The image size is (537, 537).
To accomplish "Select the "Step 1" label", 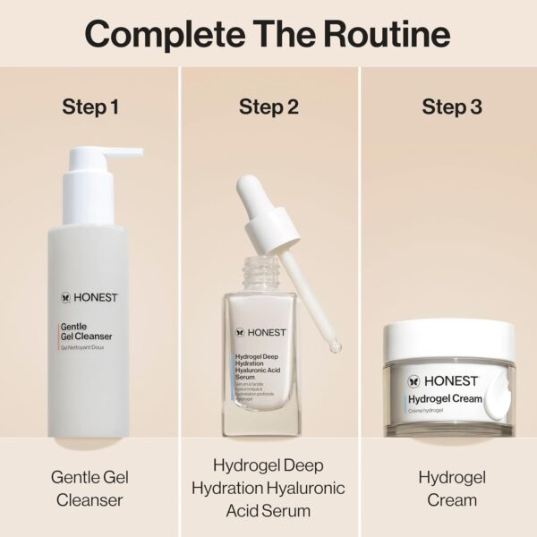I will click(x=90, y=107).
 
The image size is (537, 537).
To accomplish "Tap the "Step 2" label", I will click(x=268, y=107).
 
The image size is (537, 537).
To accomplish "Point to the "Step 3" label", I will click(x=451, y=107).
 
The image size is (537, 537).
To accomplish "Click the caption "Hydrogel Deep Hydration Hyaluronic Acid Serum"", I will click(x=268, y=488).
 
